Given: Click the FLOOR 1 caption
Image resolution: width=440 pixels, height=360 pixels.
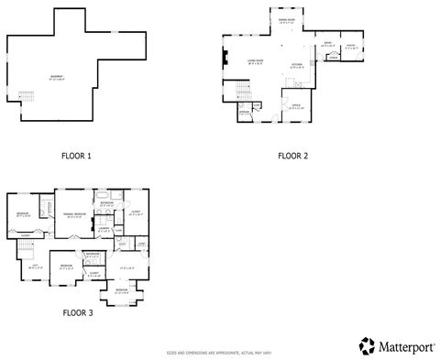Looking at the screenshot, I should click(x=76, y=156).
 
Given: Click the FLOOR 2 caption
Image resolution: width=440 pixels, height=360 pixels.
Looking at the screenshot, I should click(x=292, y=156).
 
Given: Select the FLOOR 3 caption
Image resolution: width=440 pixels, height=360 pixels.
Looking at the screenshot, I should click(x=77, y=312).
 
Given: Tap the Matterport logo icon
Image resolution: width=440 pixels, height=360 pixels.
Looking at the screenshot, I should click(x=367, y=344).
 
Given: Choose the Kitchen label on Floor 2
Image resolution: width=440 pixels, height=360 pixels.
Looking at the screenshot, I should click(x=296, y=65).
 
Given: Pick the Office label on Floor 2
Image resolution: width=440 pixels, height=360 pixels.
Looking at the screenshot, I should click(x=297, y=105).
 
